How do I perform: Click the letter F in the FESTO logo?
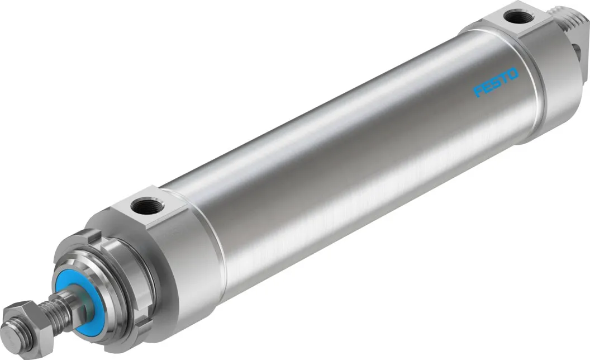point(479,91)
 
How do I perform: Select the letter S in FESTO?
point(497,82)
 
